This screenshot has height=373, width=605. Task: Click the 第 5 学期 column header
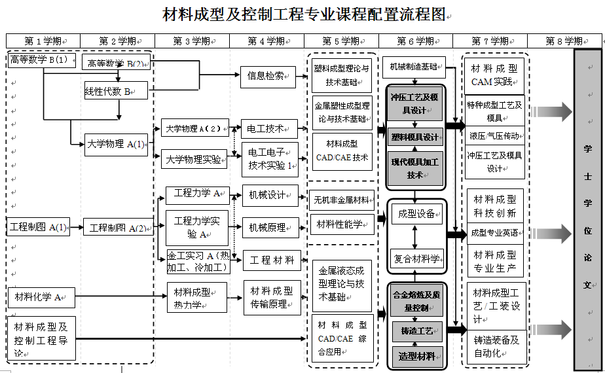point(340,41)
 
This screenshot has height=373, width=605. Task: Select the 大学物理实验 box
point(194,158)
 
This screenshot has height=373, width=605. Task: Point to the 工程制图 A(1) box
point(39,227)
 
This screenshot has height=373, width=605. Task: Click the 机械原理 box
point(269,228)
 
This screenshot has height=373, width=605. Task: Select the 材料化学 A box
point(41,298)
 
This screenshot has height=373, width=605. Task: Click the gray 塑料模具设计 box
point(415,137)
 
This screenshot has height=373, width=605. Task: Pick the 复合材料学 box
point(416,259)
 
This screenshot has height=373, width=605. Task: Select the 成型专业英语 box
point(496,233)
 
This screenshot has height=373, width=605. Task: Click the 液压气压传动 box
point(496,136)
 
